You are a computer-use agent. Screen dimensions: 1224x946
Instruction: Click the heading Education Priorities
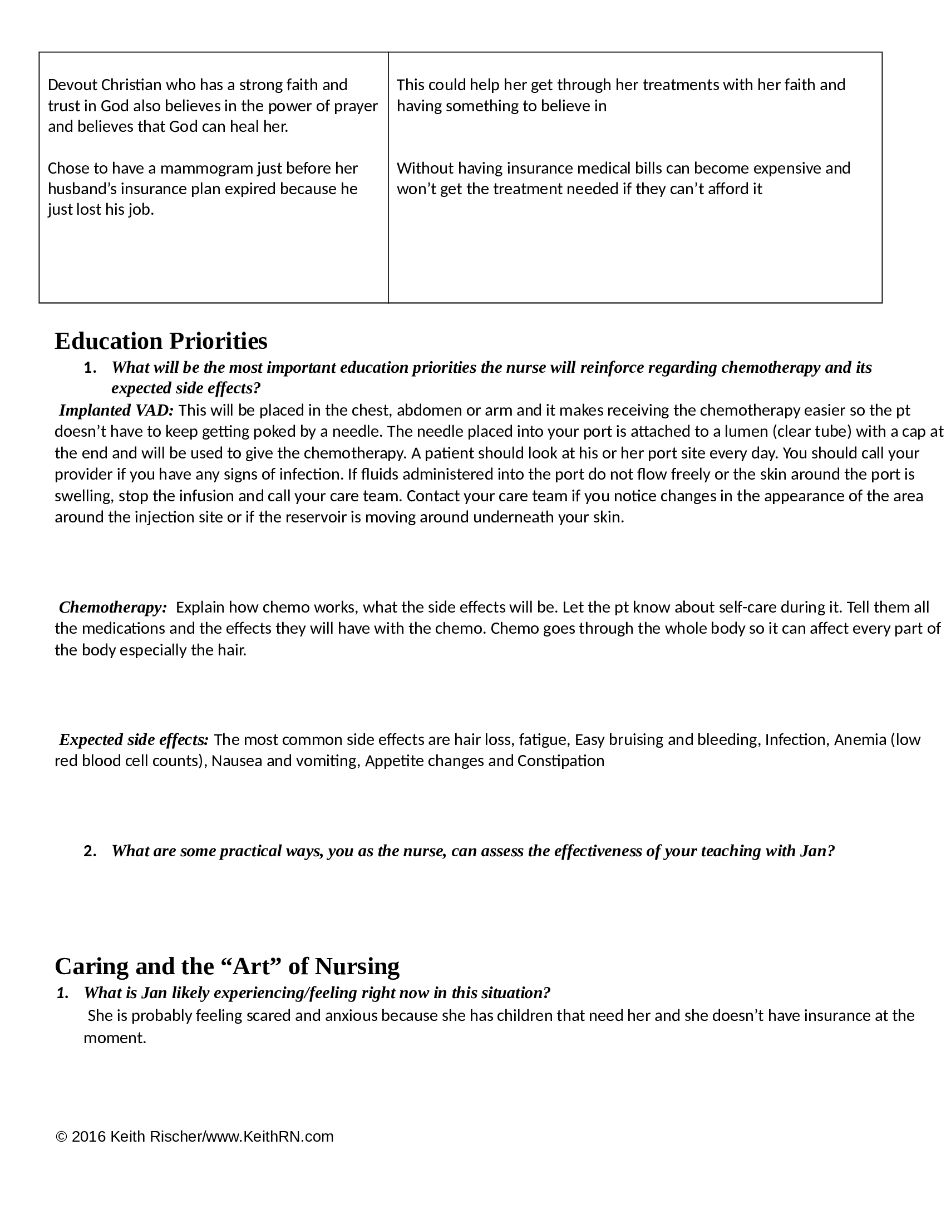[x=161, y=340]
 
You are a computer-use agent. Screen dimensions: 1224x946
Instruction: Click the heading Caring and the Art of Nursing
[x=227, y=966]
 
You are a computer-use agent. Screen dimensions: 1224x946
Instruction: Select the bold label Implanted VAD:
[x=116, y=410]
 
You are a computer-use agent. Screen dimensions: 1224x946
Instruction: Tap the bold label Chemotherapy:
[x=113, y=607]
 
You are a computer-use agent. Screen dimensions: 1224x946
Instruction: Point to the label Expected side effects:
[x=134, y=739]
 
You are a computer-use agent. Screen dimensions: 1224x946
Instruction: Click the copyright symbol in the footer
[x=62, y=1137]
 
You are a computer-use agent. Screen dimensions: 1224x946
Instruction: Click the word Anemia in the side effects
[x=860, y=739]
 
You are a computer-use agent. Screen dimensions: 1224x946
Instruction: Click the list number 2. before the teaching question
[x=90, y=851]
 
